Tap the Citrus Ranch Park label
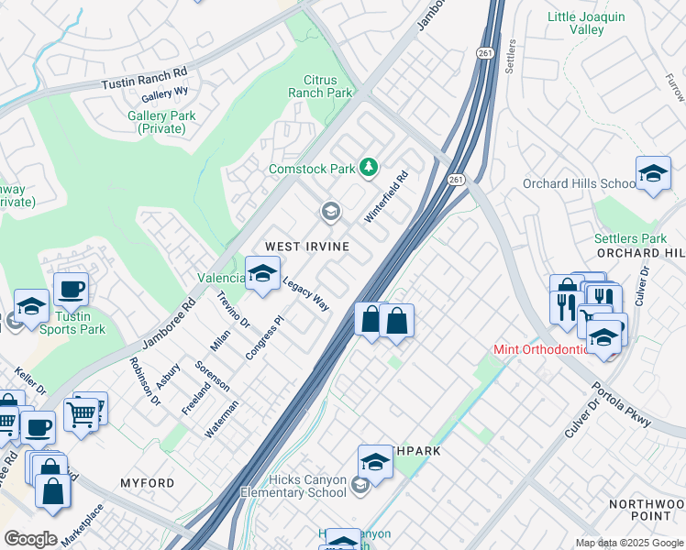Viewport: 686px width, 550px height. pyautogui.click(x=320, y=86)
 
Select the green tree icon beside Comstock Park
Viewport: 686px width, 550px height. pyautogui.click(x=368, y=167)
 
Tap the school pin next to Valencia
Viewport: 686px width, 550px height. pyautogui.click(x=263, y=273)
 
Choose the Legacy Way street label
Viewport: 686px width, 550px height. pyautogui.click(x=305, y=294)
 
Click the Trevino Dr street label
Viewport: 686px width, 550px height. pyautogui.click(x=234, y=310)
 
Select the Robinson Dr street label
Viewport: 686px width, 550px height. pyautogui.click(x=145, y=380)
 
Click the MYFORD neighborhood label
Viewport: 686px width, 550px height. pyautogui.click(x=147, y=482)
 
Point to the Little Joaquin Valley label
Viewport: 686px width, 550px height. pyautogui.click(x=587, y=23)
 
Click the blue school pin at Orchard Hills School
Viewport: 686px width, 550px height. pyautogui.click(x=653, y=174)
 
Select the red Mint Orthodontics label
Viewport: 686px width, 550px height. pyautogui.click(x=541, y=349)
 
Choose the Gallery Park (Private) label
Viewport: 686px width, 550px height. pyautogui.click(x=161, y=122)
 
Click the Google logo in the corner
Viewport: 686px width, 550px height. pyautogui.click(x=31, y=538)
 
